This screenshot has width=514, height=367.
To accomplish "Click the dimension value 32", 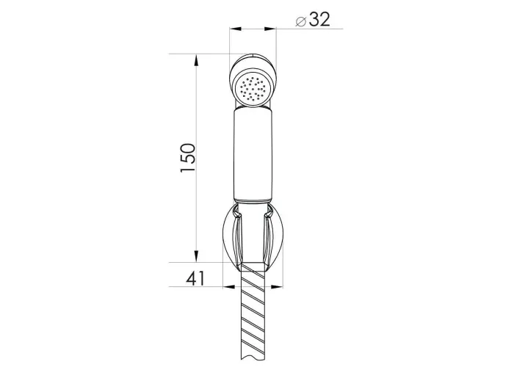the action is tap(319, 19).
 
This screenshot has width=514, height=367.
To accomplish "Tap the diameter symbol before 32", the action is tap(300, 21).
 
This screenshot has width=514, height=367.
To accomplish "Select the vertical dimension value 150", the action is tap(188, 158).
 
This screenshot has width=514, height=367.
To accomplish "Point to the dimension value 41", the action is tap(195, 278).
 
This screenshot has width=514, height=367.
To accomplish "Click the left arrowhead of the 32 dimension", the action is tap(236, 29).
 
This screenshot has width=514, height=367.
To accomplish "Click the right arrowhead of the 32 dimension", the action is tap(270, 29).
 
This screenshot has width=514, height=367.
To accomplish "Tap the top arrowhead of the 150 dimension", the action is tap(196, 61).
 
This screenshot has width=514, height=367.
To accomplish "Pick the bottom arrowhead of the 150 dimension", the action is tap(196, 256).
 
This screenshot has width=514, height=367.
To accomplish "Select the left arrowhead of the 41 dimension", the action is tap(229, 287).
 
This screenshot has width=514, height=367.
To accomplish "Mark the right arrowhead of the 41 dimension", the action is tap(277, 287).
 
